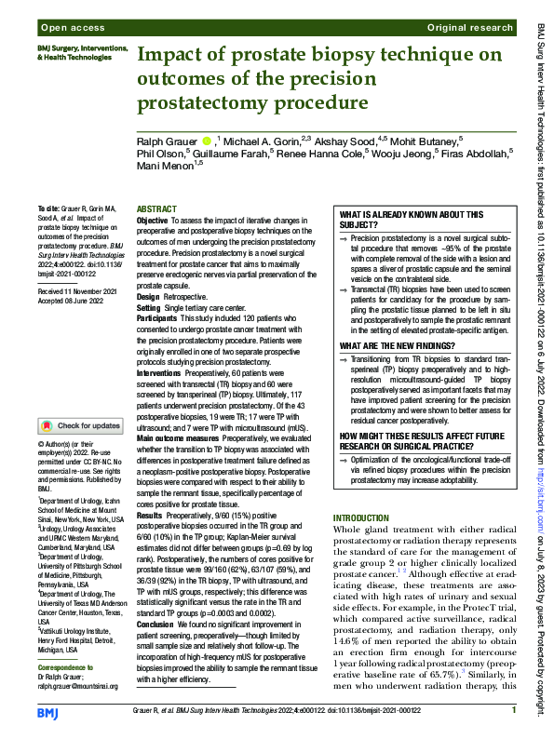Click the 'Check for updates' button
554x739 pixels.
click(x=79, y=426)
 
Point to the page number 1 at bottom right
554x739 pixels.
click(x=513, y=710)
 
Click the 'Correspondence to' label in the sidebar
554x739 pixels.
click(x=68, y=667)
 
